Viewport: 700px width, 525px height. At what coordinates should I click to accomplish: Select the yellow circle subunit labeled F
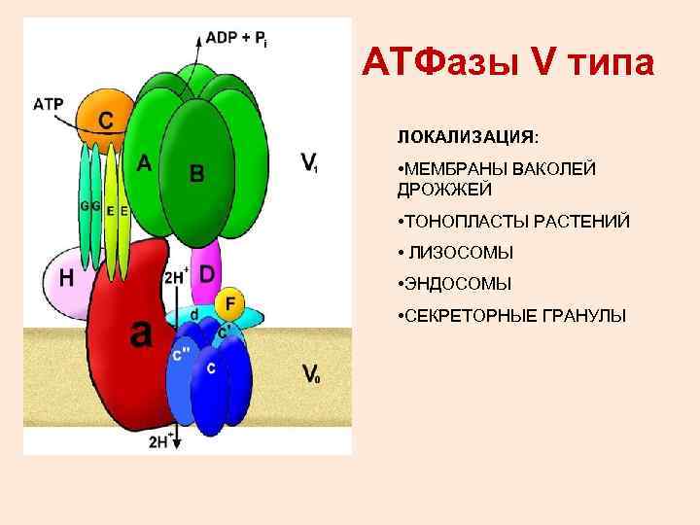(x=229, y=303)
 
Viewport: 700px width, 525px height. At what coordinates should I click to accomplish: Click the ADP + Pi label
(x=234, y=38)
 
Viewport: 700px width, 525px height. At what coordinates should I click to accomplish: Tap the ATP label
(x=49, y=104)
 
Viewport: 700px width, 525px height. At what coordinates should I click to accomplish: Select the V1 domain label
(x=309, y=162)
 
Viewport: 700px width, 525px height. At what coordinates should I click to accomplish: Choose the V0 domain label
(x=310, y=373)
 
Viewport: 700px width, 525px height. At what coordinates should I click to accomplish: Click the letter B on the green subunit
(x=197, y=174)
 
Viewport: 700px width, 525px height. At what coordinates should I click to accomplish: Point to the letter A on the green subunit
(x=144, y=163)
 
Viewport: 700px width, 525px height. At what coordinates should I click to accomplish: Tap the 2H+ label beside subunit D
(x=177, y=274)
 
